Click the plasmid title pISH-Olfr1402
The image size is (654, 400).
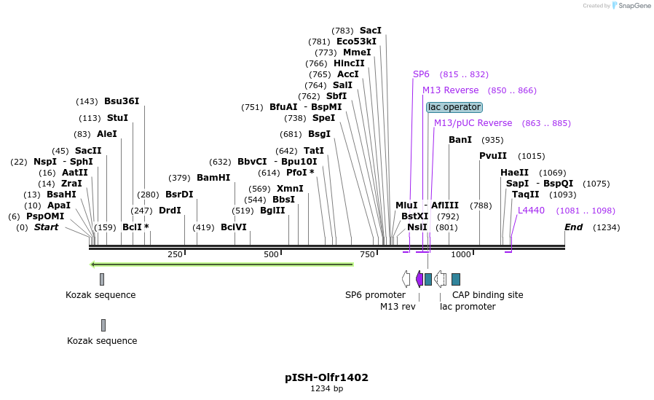pyautogui.click(x=326, y=377)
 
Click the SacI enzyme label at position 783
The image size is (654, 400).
pyautogui.click(x=370, y=31)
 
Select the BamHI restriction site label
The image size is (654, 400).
pyautogui.click(x=213, y=178)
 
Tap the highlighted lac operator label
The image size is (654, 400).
pyautogui.click(x=454, y=107)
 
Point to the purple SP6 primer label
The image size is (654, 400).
pyautogui.click(x=421, y=74)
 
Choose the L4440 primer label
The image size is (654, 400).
pyautogui.click(x=531, y=211)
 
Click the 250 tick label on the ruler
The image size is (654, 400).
pyautogui.click(x=175, y=254)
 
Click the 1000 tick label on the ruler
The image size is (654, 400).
pyautogui.click(x=460, y=254)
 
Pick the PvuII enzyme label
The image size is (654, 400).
pyautogui.click(x=493, y=156)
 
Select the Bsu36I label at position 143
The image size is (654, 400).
pyautogui.click(x=121, y=101)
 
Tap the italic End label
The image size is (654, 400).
pyautogui.click(x=573, y=227)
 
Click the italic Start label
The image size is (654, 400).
pyautogui.click(x=46, y=227)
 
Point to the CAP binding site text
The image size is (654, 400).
pyautogui.click(x=487, y=295)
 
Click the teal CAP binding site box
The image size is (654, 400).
pyautogui.click(x=456, y=279)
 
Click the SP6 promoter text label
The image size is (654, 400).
pyautogui.click(x=375, y=295)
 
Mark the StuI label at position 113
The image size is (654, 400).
pyautogui.click(x=117, y=118)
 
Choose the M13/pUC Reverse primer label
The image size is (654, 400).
pyautogui.click(x=473, y=123)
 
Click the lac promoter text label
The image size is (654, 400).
pyautogui.click(x=468, y=307)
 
